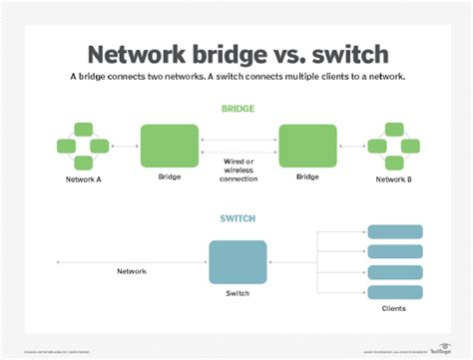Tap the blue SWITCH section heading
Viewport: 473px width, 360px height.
(236, 218)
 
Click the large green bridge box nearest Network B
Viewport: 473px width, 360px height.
(307, 146)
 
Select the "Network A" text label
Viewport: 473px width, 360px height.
(85, 180)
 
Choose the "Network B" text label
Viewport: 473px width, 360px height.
(390, 180)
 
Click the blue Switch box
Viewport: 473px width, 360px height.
(237, 262)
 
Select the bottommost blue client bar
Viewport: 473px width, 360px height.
(394, 292)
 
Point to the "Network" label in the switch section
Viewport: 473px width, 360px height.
(131, 270)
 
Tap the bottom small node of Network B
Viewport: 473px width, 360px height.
(390, 163)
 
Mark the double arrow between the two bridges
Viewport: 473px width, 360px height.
(237, 146)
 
